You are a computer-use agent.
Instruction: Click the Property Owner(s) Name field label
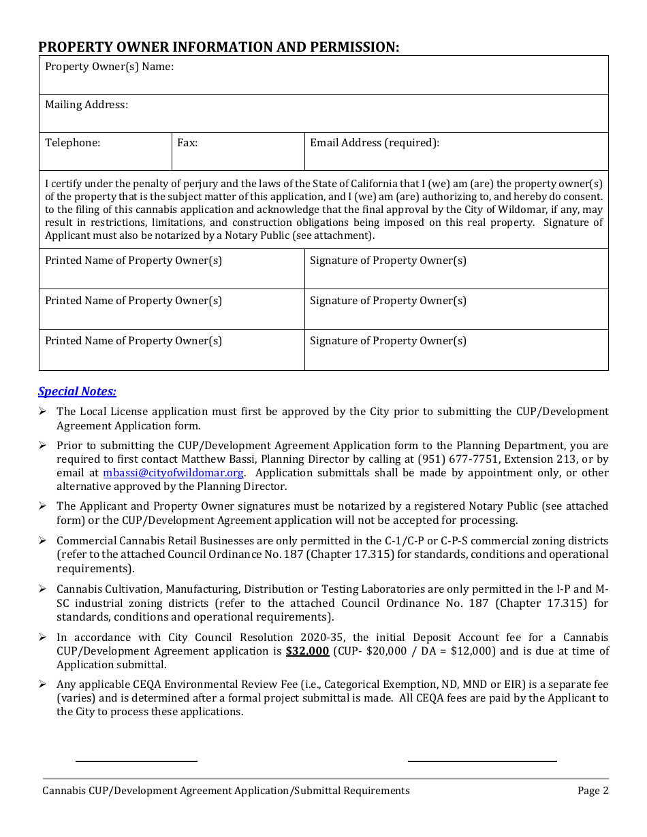(x=109, y=67)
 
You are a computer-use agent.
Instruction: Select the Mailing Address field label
(x=86, y=105)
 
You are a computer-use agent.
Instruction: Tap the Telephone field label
(x=72, y=143)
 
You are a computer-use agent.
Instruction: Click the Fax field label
(x=187, y=143)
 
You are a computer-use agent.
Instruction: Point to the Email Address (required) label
(x=374, y=143)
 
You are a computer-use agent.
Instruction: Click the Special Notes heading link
(x=77, y=391)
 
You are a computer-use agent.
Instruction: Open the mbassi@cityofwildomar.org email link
(x=173, y=473)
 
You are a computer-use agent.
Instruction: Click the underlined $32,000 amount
(x=307, y=651)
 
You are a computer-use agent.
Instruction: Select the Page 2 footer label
(x=593, y=791)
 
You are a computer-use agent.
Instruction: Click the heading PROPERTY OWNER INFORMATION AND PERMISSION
(x=219, y=47)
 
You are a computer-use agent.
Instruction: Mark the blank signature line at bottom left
(x=136, y=761)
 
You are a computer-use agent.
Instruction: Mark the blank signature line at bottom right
(x=482, y=761)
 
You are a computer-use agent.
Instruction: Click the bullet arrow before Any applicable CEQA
(x=42, y=684)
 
